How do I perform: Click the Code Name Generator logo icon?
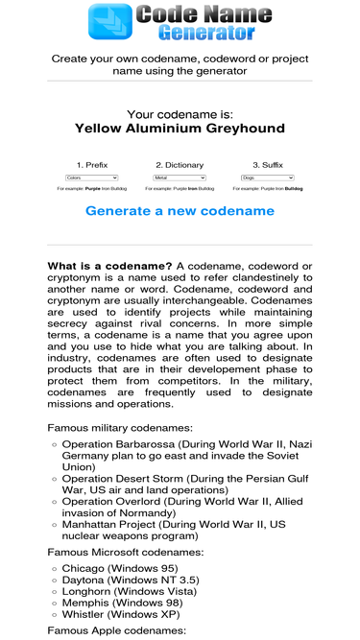(x=109, y=23)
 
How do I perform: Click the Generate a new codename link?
(x=180, y=211)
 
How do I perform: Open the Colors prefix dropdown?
(x=91, y=178)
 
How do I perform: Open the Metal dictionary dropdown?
(x=180, y=178)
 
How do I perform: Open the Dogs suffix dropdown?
(x=268, y=178)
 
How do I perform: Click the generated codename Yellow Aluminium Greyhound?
(x=180, y=129)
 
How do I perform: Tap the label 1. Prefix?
(x=91, y=164)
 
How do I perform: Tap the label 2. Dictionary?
(x=180, y=164)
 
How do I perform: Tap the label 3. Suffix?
(x=269, y=164)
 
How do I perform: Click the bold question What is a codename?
(x=109, y=265)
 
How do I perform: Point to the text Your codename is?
(x=180, y=114)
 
